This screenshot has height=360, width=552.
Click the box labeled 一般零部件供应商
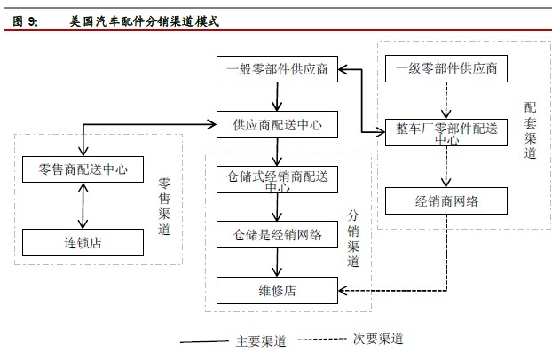coord(279,69)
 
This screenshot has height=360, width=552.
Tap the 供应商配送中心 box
coord(279,123)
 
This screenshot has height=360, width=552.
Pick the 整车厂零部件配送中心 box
coord(446,131)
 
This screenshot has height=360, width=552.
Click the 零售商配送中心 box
coord(83,168)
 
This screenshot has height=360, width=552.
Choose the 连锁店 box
coord(83,241)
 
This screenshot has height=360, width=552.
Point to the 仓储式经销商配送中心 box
coord(279,179)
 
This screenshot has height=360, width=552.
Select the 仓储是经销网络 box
coord(279,234)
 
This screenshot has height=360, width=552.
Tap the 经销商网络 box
coord(446,200)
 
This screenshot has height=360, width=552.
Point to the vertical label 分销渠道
coord(353,239)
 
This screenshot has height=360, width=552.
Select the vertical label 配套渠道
coord(530,129)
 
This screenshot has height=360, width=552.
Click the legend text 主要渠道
coord(261,340)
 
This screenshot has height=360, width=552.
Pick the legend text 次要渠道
coord(378,340)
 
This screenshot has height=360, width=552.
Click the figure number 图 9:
coord(26,21)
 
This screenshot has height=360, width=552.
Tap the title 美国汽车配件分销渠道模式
coord(144,21)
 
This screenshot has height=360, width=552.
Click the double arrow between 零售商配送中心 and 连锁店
coord(83,205)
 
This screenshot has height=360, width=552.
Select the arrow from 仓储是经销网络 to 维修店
coord(279,262)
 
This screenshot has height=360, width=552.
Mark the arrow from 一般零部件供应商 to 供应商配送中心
coord(279,96)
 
